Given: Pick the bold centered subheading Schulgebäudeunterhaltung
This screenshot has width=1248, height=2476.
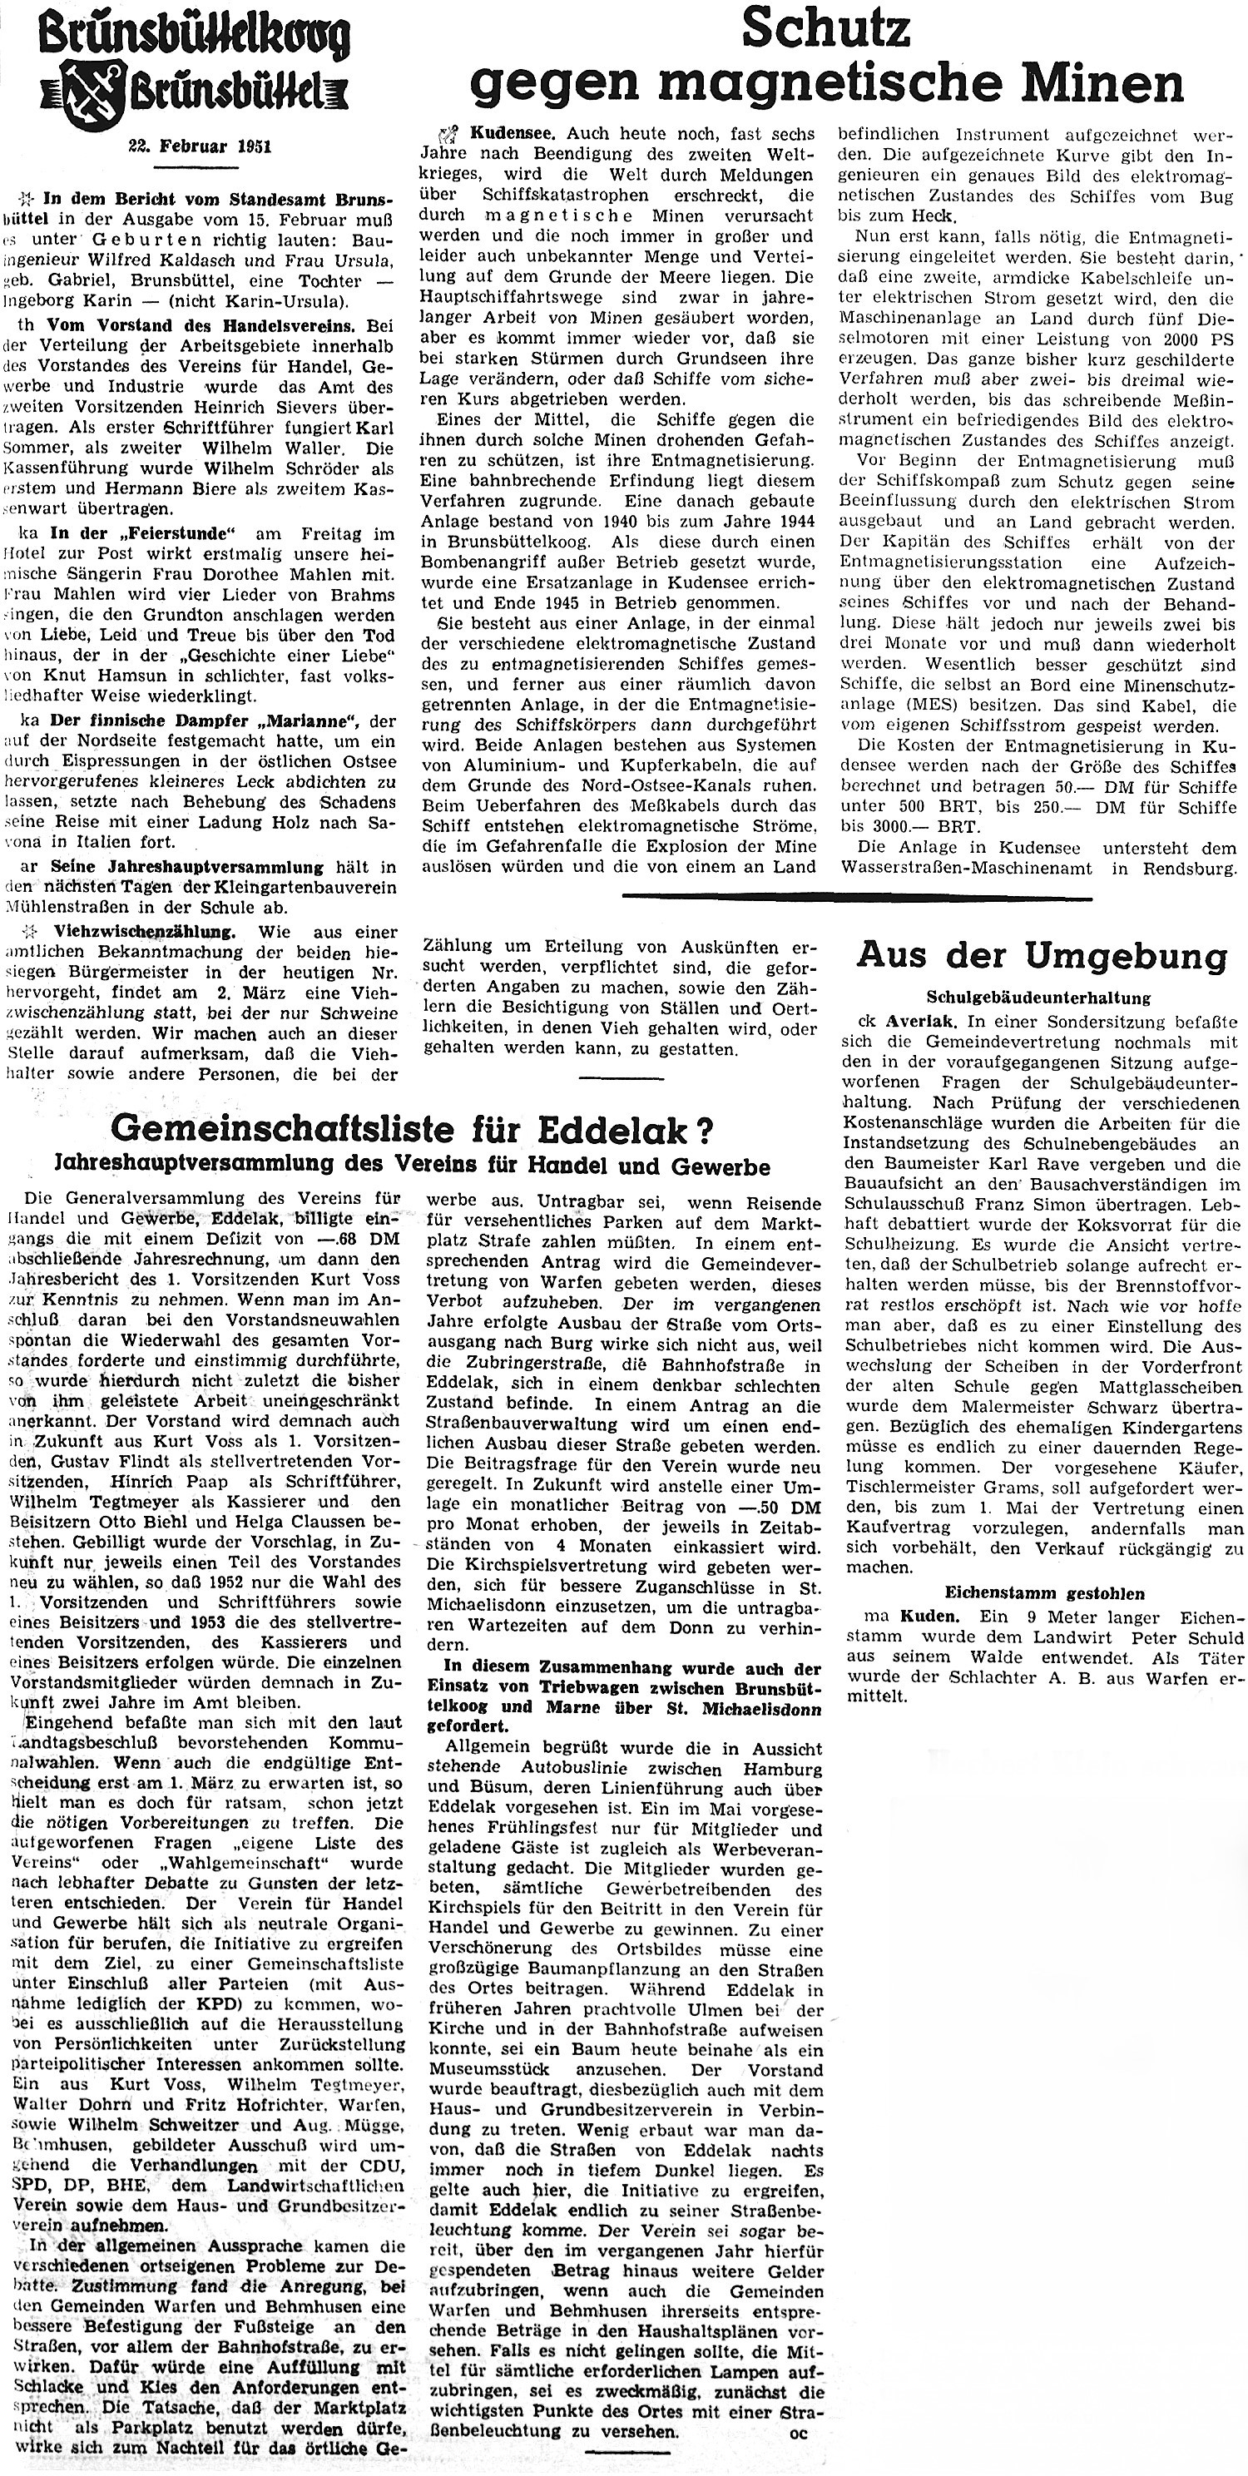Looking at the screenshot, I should [1038, 998].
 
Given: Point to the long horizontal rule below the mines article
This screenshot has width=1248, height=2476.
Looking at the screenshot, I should [857, 899].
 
